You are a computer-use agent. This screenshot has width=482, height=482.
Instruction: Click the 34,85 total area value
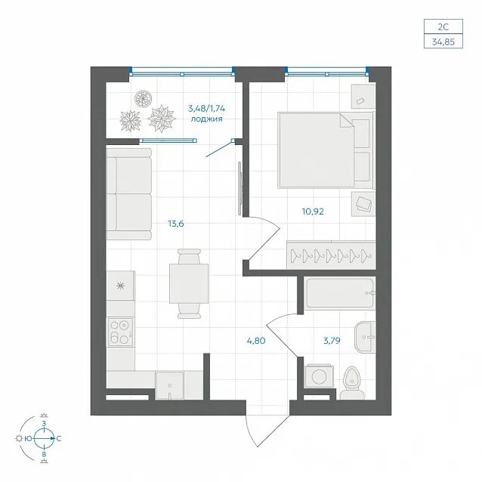coord(443,42)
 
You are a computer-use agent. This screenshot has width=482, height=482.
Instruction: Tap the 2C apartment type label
coord(443,26)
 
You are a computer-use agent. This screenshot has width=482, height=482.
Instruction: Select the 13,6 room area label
coord(176,224)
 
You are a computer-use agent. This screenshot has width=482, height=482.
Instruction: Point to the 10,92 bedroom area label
coord(313,212)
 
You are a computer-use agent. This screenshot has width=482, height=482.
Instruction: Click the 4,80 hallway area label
coord(256,341)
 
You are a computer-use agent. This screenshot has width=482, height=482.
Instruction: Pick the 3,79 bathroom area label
coord(332,341)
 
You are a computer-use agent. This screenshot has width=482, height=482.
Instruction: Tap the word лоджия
coord(206,119)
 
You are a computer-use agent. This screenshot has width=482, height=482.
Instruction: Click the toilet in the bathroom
coord(352,383)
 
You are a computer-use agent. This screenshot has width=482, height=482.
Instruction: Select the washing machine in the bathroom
coord(319,375)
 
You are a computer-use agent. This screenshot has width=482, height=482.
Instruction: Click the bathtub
coord(341,293)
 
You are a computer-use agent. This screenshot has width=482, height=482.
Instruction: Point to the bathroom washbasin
coord(365,337)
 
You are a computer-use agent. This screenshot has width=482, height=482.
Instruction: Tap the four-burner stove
coord(121,332)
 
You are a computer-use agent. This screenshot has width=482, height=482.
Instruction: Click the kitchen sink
coord(170,385)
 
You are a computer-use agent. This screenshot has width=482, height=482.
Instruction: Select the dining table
coord(189,283)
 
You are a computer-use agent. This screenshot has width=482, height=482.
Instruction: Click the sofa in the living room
coord(129,194)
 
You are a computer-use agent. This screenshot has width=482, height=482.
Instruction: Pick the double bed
coord(326,150)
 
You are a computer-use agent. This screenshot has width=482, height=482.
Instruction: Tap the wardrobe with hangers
coord(331,255)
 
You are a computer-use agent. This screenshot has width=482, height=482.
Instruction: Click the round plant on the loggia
coord(144,99)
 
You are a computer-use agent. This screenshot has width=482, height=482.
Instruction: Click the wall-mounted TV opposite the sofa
coord(240,188)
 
